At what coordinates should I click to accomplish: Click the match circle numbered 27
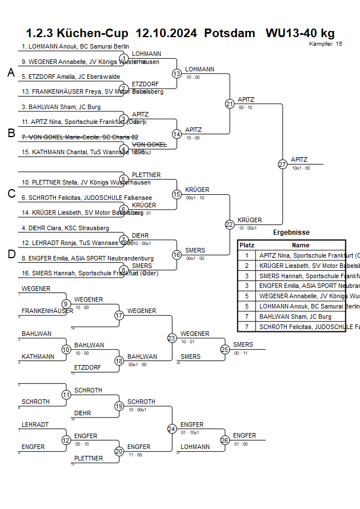click(282, 164)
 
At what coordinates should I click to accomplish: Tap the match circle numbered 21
click(230, 104)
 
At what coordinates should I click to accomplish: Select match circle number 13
click(177, 74)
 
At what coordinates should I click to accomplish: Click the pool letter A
click(11, 73)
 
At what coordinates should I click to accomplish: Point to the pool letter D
click(11, 254)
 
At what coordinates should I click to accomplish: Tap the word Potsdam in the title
click(229, 33)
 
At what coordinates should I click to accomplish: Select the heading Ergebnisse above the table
click(291, 233)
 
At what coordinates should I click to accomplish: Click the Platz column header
click(247, 245)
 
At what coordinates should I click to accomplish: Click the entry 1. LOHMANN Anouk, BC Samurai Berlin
click(75, 46)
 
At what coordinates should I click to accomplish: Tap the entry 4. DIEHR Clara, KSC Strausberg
click(65, 228)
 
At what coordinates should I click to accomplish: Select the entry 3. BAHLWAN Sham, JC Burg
click(61, 107)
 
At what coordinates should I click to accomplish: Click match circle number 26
click(225, 440)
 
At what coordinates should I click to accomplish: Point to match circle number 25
click(225, 349)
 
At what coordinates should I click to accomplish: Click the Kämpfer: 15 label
click(326, 43)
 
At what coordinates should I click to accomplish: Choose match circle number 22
click(230, 225)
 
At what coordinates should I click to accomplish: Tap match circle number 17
click(119, 315)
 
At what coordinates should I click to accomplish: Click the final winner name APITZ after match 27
click(299, 159)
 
